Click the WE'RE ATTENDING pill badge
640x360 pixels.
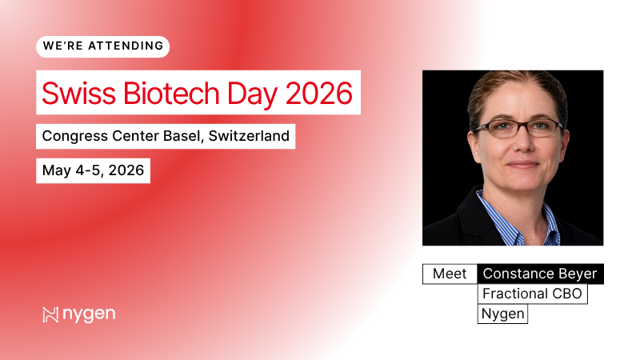[x=102, y=46]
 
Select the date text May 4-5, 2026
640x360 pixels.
[x=93, y=171]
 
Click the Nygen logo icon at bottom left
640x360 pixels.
[x=51, y=314]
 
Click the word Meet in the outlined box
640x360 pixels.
[x=450, y=274]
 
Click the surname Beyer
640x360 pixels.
[x=577, y=274]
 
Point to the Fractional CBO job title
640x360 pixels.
[x=532, y=294]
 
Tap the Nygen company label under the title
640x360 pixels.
[x=503, y=314]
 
